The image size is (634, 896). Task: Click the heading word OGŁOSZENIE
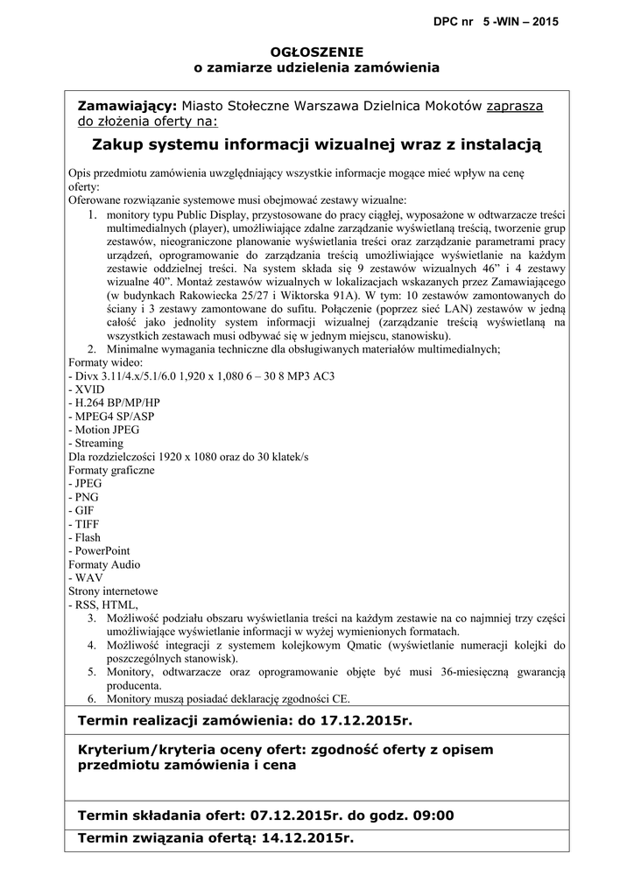(316, 52)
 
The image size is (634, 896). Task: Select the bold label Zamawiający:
(128, 106)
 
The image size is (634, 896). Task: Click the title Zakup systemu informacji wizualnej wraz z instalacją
(316, 143)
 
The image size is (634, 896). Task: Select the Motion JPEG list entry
(105, 430)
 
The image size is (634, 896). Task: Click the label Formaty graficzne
(111, 470)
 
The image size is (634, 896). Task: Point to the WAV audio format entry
(88, 577)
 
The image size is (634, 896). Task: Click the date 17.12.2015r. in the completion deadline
(367, 721)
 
